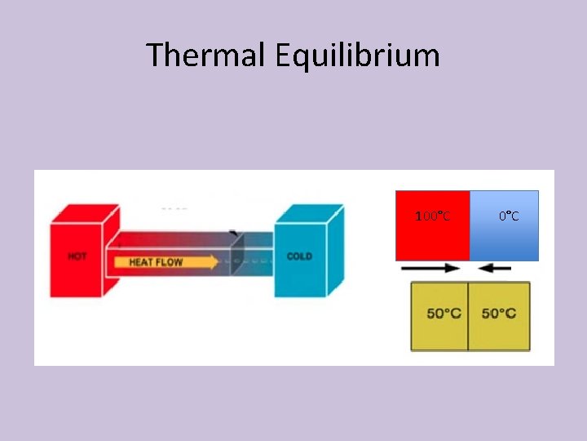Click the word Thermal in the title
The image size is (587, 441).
(205, 56)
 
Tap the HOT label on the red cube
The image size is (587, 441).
(77, 256)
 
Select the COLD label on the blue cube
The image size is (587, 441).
(299, 256)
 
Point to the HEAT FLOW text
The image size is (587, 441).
(156, 263)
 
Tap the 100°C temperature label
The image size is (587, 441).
(433, 216)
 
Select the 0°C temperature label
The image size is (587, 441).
(509, 216)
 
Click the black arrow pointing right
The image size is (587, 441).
(431, 268)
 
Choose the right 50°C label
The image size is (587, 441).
(498, 314)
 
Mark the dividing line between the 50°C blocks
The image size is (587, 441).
(469, 317)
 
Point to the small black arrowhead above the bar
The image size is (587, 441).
(235, 234)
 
